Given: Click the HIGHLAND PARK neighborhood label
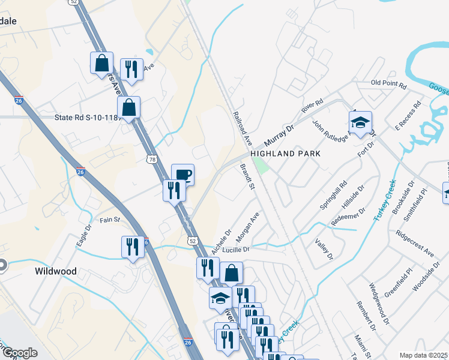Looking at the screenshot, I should [286, 154].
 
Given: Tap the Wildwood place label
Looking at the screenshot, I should [56, 271].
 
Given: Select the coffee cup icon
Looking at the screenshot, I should [183, 175].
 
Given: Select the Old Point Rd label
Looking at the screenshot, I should [388, 83].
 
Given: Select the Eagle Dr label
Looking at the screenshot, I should [83, 238].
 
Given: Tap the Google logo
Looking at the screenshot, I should [20, 353].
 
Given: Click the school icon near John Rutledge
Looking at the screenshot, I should [360, 123].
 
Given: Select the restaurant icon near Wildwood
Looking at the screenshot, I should [132, 247].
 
